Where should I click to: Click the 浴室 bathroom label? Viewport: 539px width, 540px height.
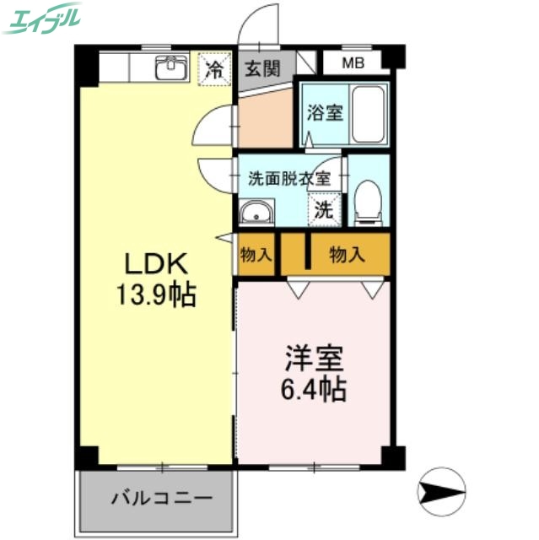point(325,112)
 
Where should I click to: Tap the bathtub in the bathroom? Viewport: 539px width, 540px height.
point(369,114)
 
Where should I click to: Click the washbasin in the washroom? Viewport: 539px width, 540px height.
point(255,212)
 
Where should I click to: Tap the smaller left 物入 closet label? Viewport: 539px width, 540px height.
point(256,254)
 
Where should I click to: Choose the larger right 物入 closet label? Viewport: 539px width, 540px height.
point(347,254)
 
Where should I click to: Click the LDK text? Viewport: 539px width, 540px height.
point(156,264)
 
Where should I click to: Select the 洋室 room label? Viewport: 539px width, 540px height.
point(314,359)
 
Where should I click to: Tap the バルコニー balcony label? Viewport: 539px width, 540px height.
point(157,497)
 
